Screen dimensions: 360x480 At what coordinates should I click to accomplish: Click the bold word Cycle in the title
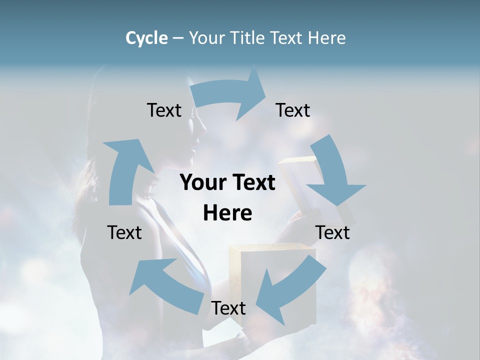point(146,38)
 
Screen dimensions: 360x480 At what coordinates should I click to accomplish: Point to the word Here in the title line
point(326,38)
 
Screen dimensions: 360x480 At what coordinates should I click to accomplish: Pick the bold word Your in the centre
point(202,183)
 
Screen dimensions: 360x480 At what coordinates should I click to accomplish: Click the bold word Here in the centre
point(227,213)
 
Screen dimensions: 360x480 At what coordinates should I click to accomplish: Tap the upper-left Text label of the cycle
point(164,110)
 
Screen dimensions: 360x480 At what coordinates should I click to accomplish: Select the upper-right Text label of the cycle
point(293,110)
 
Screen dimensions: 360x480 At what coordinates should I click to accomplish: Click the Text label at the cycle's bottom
point(228,308)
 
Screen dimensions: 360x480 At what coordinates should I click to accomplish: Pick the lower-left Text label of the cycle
point(124,232)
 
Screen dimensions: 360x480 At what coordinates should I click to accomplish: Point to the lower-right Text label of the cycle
point(332,232)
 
